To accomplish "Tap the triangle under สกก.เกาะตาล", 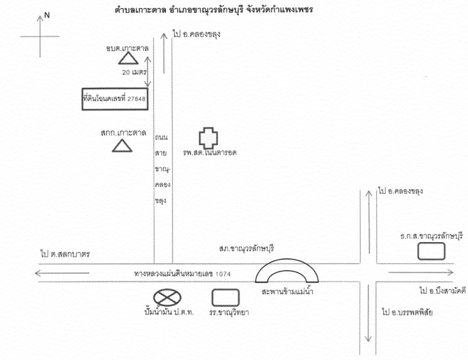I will tap(122, 146).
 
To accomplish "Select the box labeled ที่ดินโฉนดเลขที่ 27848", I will tap(115, 99).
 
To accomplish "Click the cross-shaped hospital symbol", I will tap(209, 138).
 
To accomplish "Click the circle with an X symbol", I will tap(167, 297).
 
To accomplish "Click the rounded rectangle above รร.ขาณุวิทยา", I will tap(226, 297).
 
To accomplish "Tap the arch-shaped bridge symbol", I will tap(287, 272).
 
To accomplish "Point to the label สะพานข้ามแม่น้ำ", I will tap(287, 291).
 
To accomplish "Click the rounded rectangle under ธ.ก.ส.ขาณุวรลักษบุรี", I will tap(431, 251).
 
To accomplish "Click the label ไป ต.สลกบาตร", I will tap(64, 254).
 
